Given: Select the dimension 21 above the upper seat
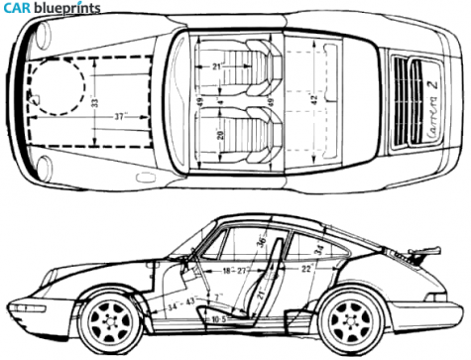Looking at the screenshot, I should (217, 66).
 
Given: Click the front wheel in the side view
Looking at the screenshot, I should (111, 320).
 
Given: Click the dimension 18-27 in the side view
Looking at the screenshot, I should (234, 268).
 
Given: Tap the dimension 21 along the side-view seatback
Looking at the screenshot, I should (261, 295).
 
